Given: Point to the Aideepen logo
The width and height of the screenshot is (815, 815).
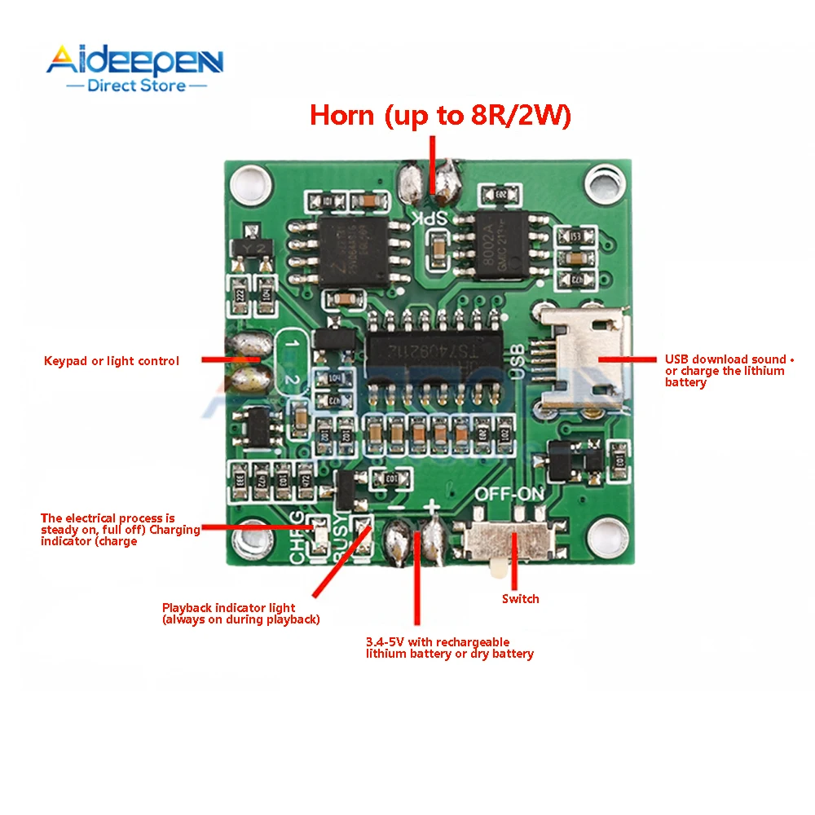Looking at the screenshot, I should tap(134, 61).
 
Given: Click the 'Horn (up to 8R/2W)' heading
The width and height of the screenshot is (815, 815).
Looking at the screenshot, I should tap(440, 116).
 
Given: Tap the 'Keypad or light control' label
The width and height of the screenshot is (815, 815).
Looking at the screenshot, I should tap(112, 361).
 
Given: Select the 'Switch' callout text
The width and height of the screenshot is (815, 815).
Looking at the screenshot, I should tap(520, 599).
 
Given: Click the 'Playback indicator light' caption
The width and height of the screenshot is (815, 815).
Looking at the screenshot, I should tap(240, 614).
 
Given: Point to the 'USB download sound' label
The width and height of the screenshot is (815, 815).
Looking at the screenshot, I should tap(725, 371).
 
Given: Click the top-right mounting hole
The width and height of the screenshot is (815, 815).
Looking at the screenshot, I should tap(605, 179).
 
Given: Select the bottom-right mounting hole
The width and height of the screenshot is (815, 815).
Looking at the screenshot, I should tap(606, 535).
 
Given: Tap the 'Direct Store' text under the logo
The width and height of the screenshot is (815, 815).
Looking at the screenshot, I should tap(136, 85).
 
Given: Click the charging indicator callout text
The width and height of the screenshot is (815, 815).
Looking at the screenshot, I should tap(121, 530).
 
